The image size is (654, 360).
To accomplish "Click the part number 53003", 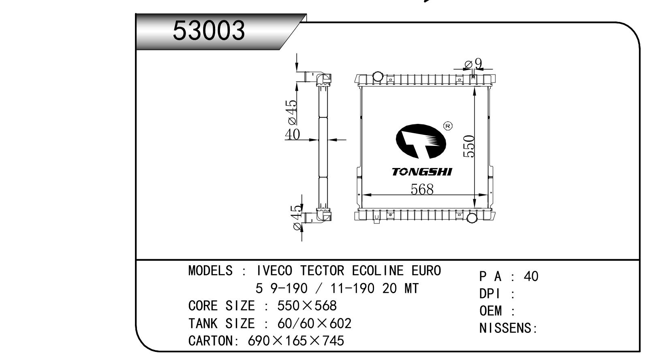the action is tap(209, 31).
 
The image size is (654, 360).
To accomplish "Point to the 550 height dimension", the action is tap(469, 146).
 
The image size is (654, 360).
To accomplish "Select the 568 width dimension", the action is tap(422, 190).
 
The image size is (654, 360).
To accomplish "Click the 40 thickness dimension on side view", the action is tap(292, 134).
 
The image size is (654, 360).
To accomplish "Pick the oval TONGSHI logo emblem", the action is tap(421, 141).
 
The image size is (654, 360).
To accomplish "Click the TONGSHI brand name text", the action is tap(421, 172).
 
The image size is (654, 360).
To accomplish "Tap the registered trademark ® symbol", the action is tap(448, 126).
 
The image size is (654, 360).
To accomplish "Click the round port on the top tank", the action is tap(378, 76).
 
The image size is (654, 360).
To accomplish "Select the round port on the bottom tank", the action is tap(472, 218).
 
